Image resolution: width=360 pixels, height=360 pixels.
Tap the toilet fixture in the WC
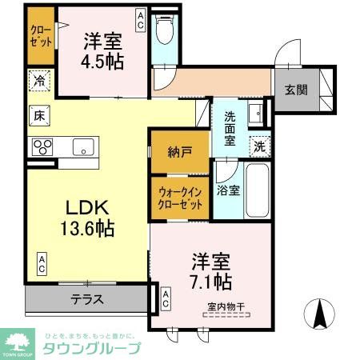pos(166,33)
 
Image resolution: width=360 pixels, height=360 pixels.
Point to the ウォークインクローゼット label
pos(179,196)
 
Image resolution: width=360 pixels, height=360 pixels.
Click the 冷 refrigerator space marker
pos(38,80)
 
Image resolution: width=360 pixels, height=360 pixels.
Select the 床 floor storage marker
pos(38,114)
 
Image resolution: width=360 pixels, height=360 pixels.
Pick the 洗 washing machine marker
pos(258,146)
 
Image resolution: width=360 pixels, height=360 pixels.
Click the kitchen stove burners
pos(41,146)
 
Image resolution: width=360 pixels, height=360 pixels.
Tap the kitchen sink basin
pos(82,146)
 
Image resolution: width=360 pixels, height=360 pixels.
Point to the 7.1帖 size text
pos(210,281)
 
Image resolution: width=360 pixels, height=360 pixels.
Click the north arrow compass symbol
pos(320,311)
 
